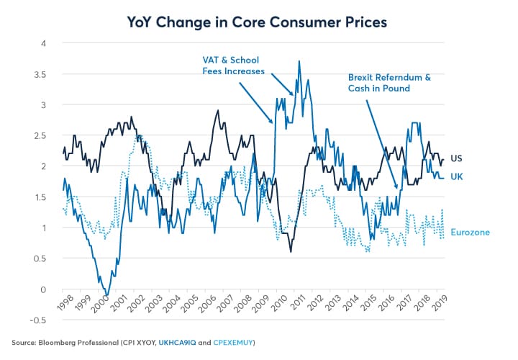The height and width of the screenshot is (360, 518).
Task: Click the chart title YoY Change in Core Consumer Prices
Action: [258, 22]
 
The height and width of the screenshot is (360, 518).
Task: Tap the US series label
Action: [457, 158]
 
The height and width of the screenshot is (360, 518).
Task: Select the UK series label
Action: [457, 176]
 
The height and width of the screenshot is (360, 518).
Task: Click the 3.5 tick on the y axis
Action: [45, 74]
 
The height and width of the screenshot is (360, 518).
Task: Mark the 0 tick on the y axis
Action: [47, 289]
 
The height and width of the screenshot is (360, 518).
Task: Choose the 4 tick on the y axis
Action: [47, 43]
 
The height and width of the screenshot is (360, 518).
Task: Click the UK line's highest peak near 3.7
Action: [299, 62]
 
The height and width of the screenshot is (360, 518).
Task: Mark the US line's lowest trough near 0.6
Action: [291, 251]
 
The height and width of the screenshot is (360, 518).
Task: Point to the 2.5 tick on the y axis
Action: [45, 135]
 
